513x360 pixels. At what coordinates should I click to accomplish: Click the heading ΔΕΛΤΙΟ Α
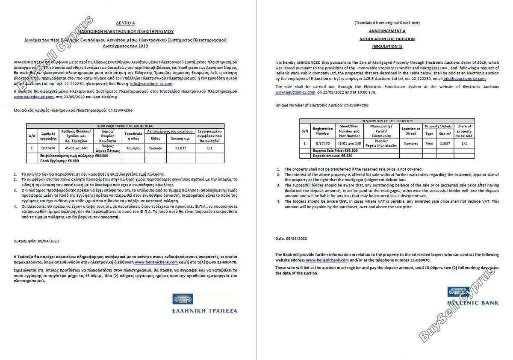(125, 24)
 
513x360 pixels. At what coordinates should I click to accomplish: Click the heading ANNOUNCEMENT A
(387, 31)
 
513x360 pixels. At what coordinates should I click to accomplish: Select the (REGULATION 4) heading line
(387, 46)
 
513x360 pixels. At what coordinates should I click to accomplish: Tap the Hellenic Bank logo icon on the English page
(455, 292)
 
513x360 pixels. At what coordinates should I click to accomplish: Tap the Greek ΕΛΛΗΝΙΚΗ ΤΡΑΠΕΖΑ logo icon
(183, 298)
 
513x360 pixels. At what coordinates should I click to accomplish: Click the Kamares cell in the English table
(411, 144)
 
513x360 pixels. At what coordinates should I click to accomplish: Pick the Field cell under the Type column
(429, 144)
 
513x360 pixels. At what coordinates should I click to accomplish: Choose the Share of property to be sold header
(464, 131)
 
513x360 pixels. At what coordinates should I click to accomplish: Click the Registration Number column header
(323, 131)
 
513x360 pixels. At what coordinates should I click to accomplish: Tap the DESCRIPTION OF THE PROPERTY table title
(387, 121)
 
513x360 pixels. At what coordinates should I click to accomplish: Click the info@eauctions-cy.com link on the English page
(464, 79)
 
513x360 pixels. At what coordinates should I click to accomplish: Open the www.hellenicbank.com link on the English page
(327, 260)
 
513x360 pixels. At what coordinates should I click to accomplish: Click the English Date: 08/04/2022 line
(292, 238)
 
